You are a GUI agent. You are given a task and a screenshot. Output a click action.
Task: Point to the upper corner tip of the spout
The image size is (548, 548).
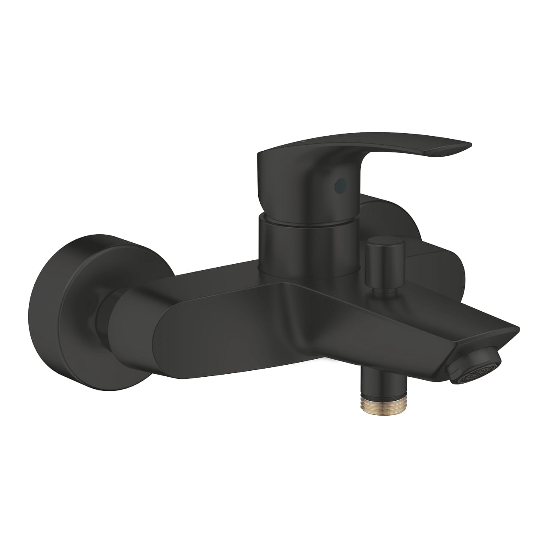(518, 329)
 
